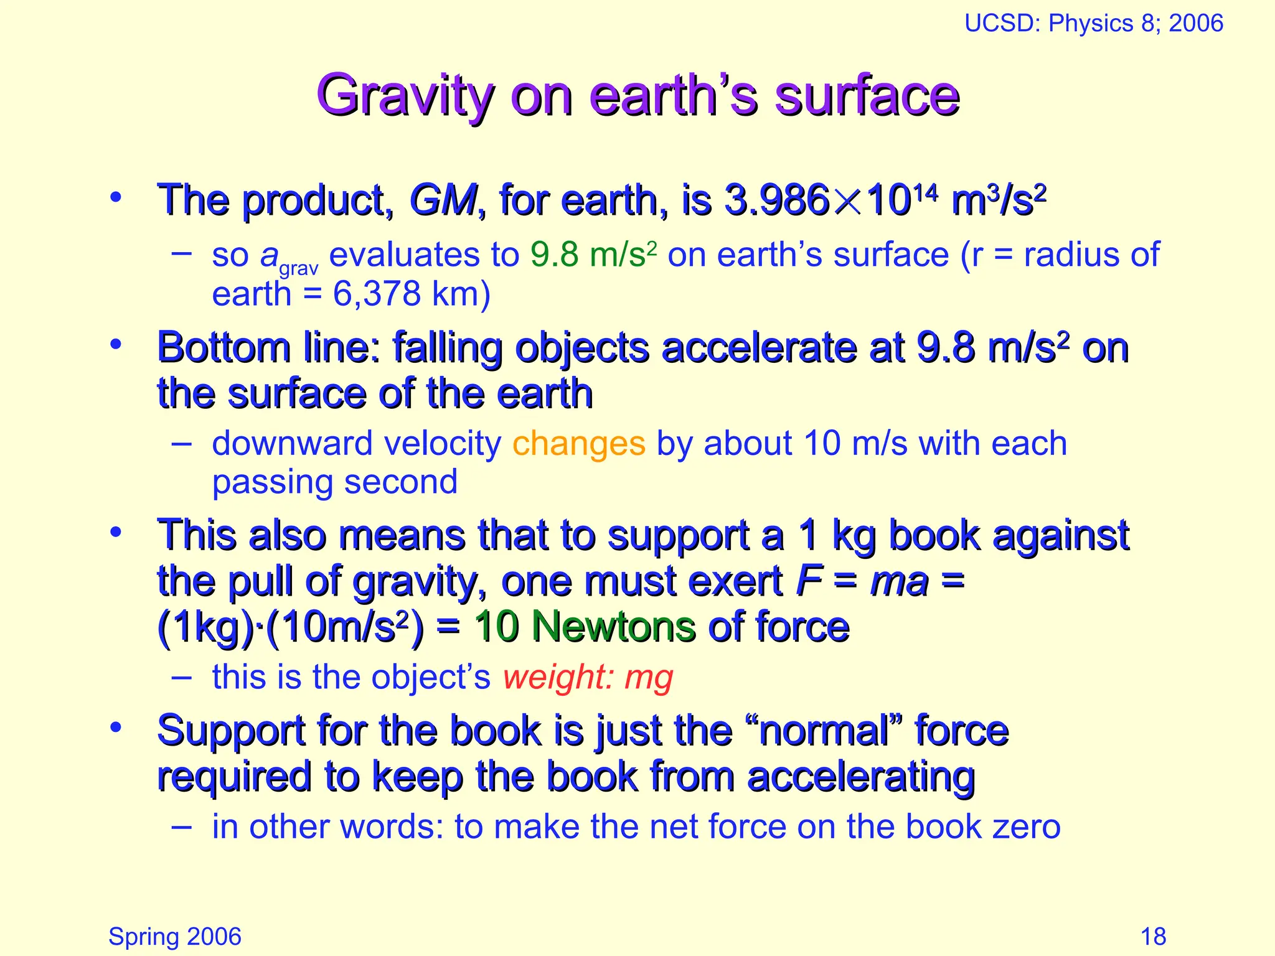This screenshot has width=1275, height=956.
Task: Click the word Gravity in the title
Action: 405,96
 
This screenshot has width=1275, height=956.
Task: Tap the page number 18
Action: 1153,936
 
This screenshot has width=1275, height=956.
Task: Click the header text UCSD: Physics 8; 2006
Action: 1093,24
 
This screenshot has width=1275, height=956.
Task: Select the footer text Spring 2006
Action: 175,936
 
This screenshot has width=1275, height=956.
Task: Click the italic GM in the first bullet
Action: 443,200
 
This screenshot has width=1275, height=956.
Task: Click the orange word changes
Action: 578,444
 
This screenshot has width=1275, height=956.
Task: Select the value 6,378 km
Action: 412,294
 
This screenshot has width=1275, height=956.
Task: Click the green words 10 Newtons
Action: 584,627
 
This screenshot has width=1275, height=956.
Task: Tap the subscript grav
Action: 299,269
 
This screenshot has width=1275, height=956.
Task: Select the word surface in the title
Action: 867,96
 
